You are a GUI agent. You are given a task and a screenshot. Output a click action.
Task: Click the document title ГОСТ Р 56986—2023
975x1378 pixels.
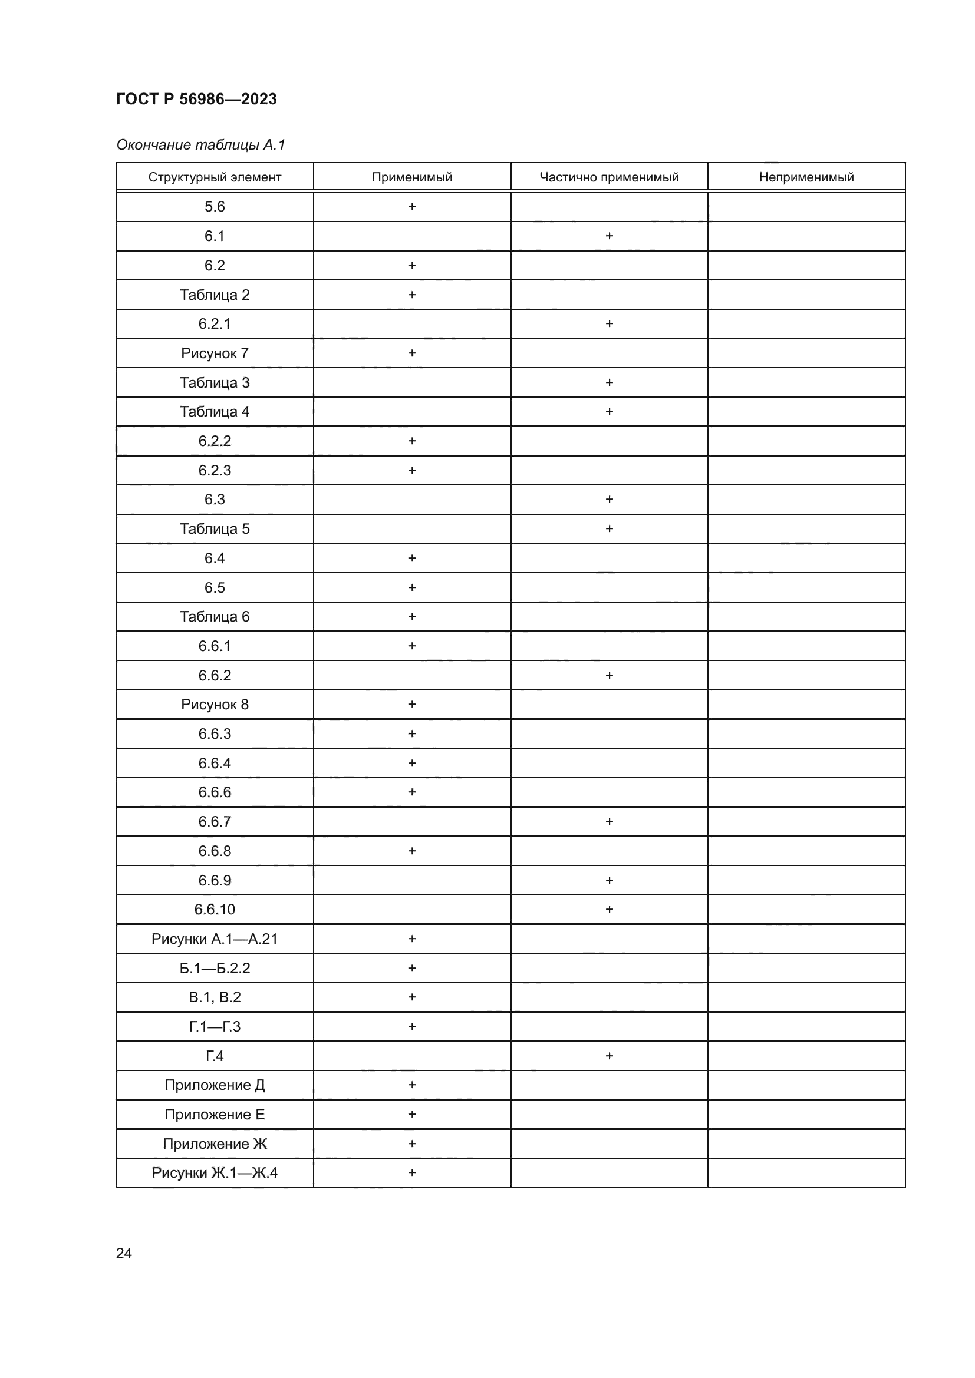(196, 99)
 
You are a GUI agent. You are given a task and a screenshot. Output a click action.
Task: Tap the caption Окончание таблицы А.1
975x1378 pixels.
(200, 145)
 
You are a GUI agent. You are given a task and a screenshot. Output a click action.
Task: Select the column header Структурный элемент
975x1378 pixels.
(215, 177)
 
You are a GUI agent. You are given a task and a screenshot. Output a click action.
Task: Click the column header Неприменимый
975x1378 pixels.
(806, 177)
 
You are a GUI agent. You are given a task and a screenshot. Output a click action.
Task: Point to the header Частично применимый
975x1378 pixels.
(609, 177)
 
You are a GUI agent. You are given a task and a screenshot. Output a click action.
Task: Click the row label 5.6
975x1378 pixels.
(215, 206)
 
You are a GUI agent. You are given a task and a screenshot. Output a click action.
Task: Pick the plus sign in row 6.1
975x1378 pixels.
(610, 236)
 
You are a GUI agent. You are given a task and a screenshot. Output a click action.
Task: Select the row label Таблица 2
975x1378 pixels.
(215, 295)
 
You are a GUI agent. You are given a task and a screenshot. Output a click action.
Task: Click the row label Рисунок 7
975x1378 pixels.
(215, 353)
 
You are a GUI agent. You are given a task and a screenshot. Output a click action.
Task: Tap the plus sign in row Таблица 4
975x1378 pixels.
(610, 412)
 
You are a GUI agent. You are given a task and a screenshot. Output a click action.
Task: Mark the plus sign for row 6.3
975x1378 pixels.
(610, 500)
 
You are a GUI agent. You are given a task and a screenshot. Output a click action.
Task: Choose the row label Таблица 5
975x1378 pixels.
(215, 528)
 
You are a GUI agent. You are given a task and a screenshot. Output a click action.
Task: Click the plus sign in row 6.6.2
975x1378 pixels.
(610, 675)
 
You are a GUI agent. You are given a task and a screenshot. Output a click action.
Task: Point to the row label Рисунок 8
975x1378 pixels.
(215, 704)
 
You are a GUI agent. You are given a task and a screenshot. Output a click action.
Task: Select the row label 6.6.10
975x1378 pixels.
(215, 909)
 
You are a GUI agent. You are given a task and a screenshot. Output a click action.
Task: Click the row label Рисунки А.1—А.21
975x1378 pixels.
(215, 939)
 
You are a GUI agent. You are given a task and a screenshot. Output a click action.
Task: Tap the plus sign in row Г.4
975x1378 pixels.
(610, 1056)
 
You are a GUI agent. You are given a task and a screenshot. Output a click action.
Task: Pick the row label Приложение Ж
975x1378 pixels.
(215, 1144)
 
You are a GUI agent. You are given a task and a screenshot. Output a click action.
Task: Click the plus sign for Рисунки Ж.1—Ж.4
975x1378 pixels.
(412, 1173)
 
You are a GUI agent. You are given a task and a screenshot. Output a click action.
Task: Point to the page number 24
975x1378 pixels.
(124, 1253)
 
